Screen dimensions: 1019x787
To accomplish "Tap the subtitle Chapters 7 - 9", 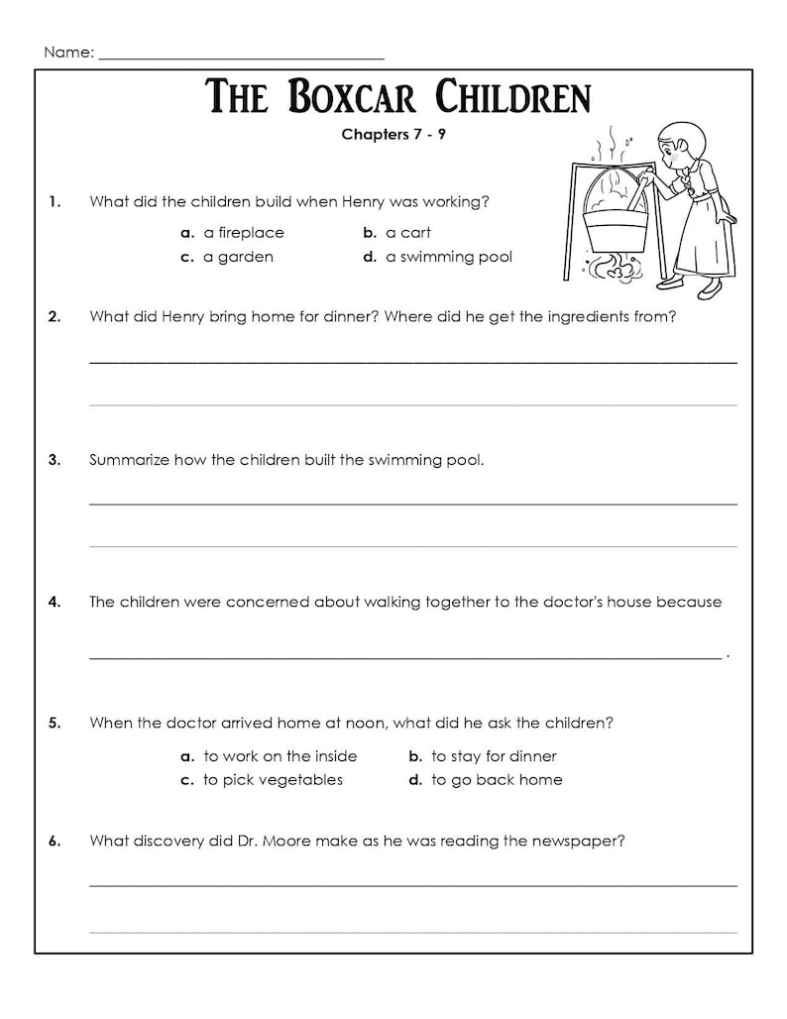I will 393,135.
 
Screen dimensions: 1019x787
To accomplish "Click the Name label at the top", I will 67,53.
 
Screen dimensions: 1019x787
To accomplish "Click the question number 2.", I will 55,317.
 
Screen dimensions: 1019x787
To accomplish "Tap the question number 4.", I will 55,602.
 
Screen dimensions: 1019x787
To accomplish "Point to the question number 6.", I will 55,841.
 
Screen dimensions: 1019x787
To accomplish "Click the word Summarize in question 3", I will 128,460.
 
